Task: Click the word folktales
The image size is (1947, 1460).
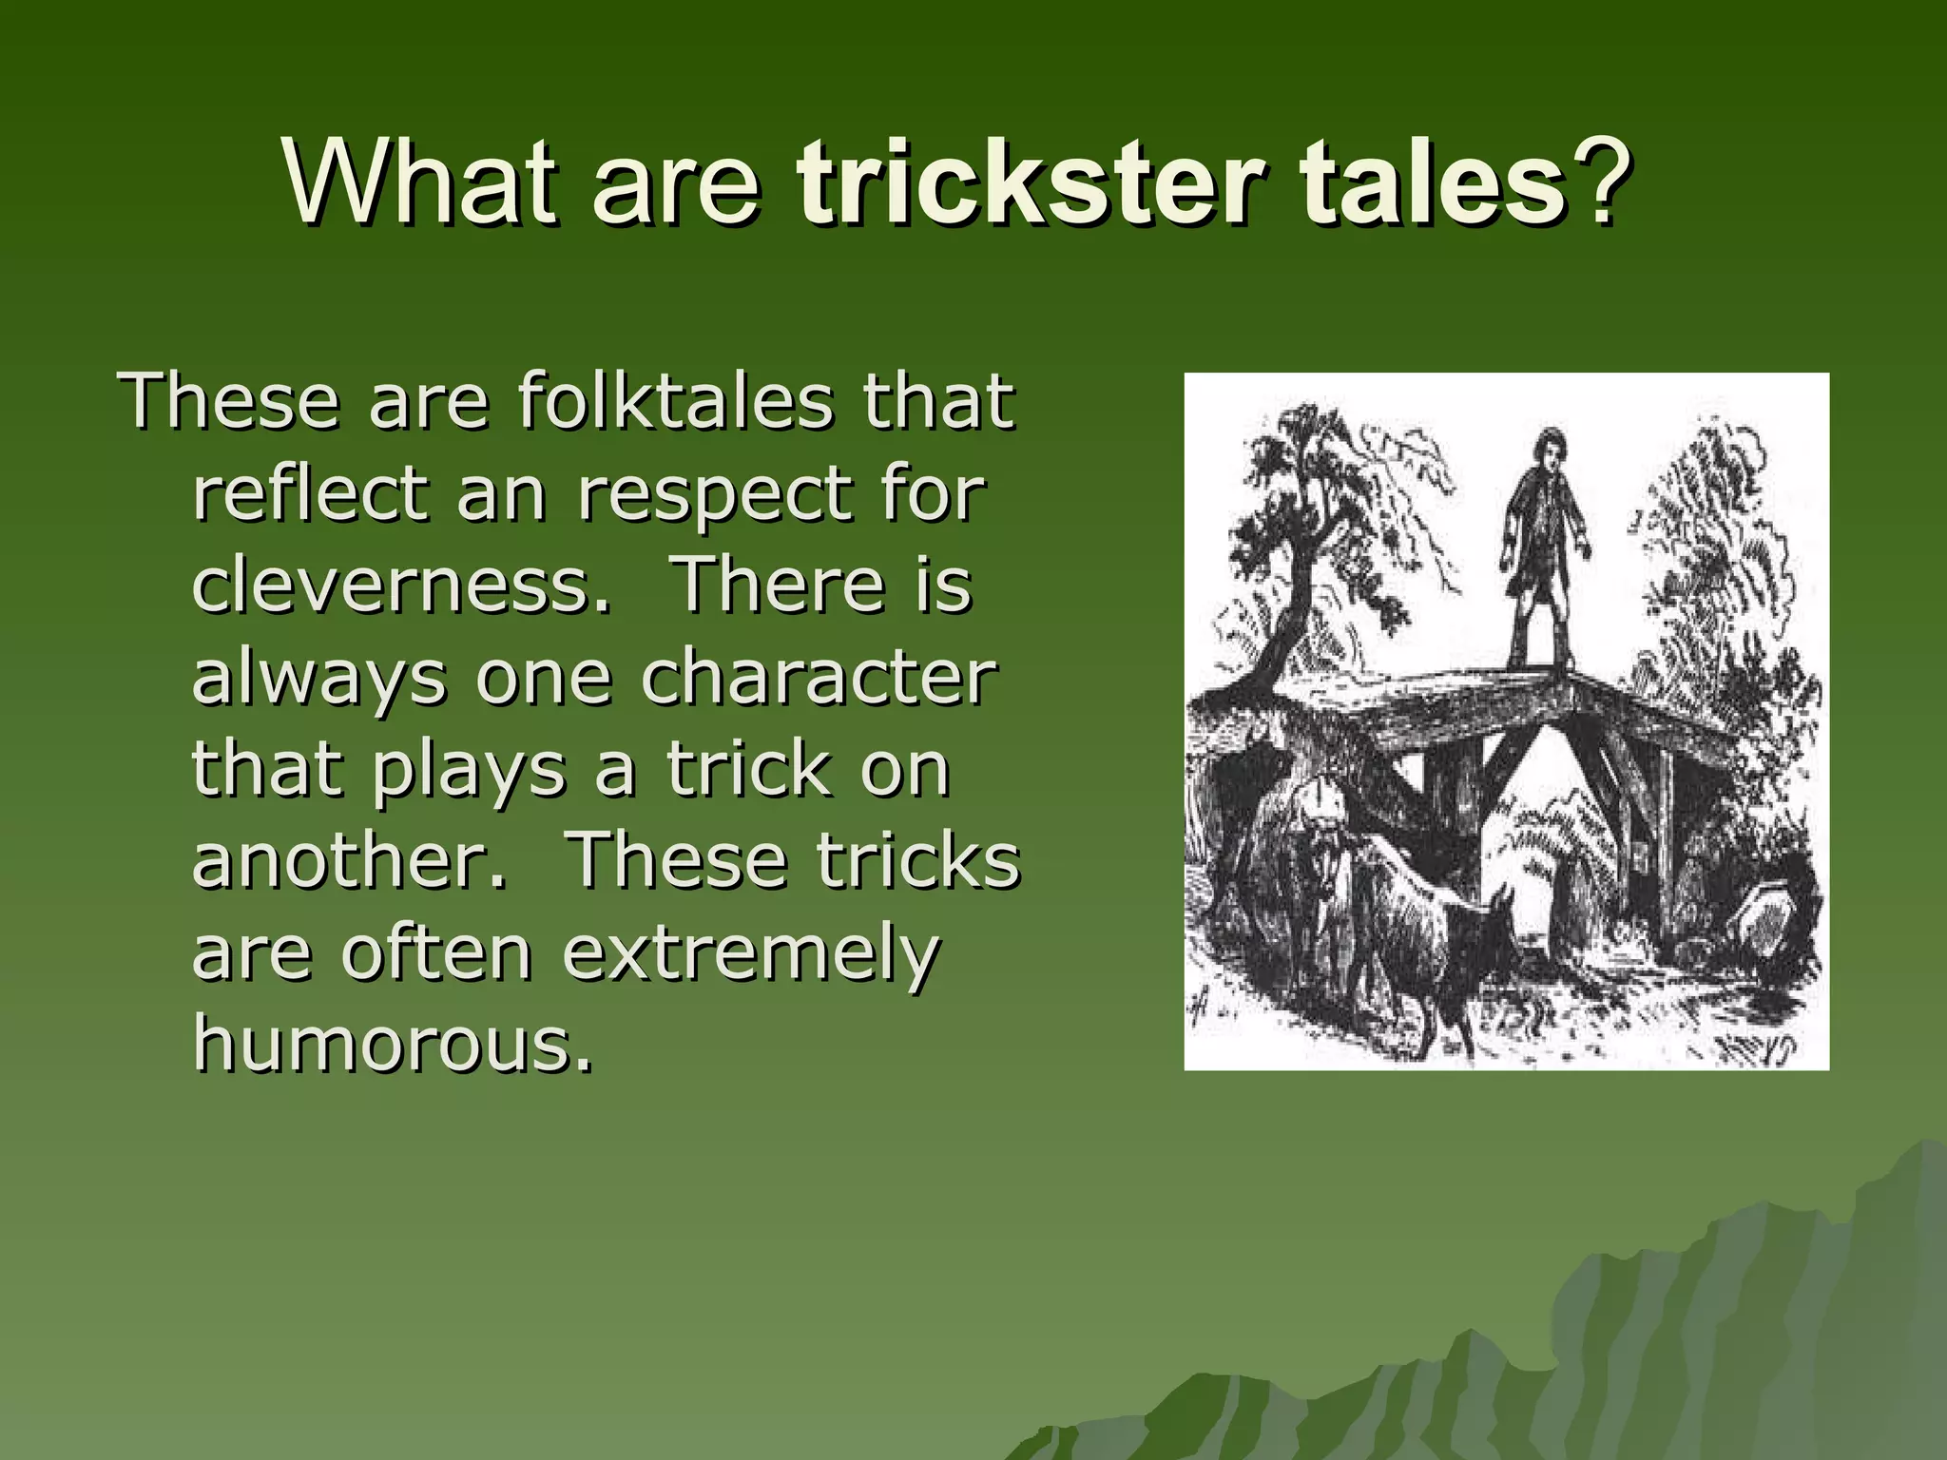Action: (x=675, y=401)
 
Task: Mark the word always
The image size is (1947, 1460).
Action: (x=319, y=681)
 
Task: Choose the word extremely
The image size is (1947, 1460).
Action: (x=751, y=954)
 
